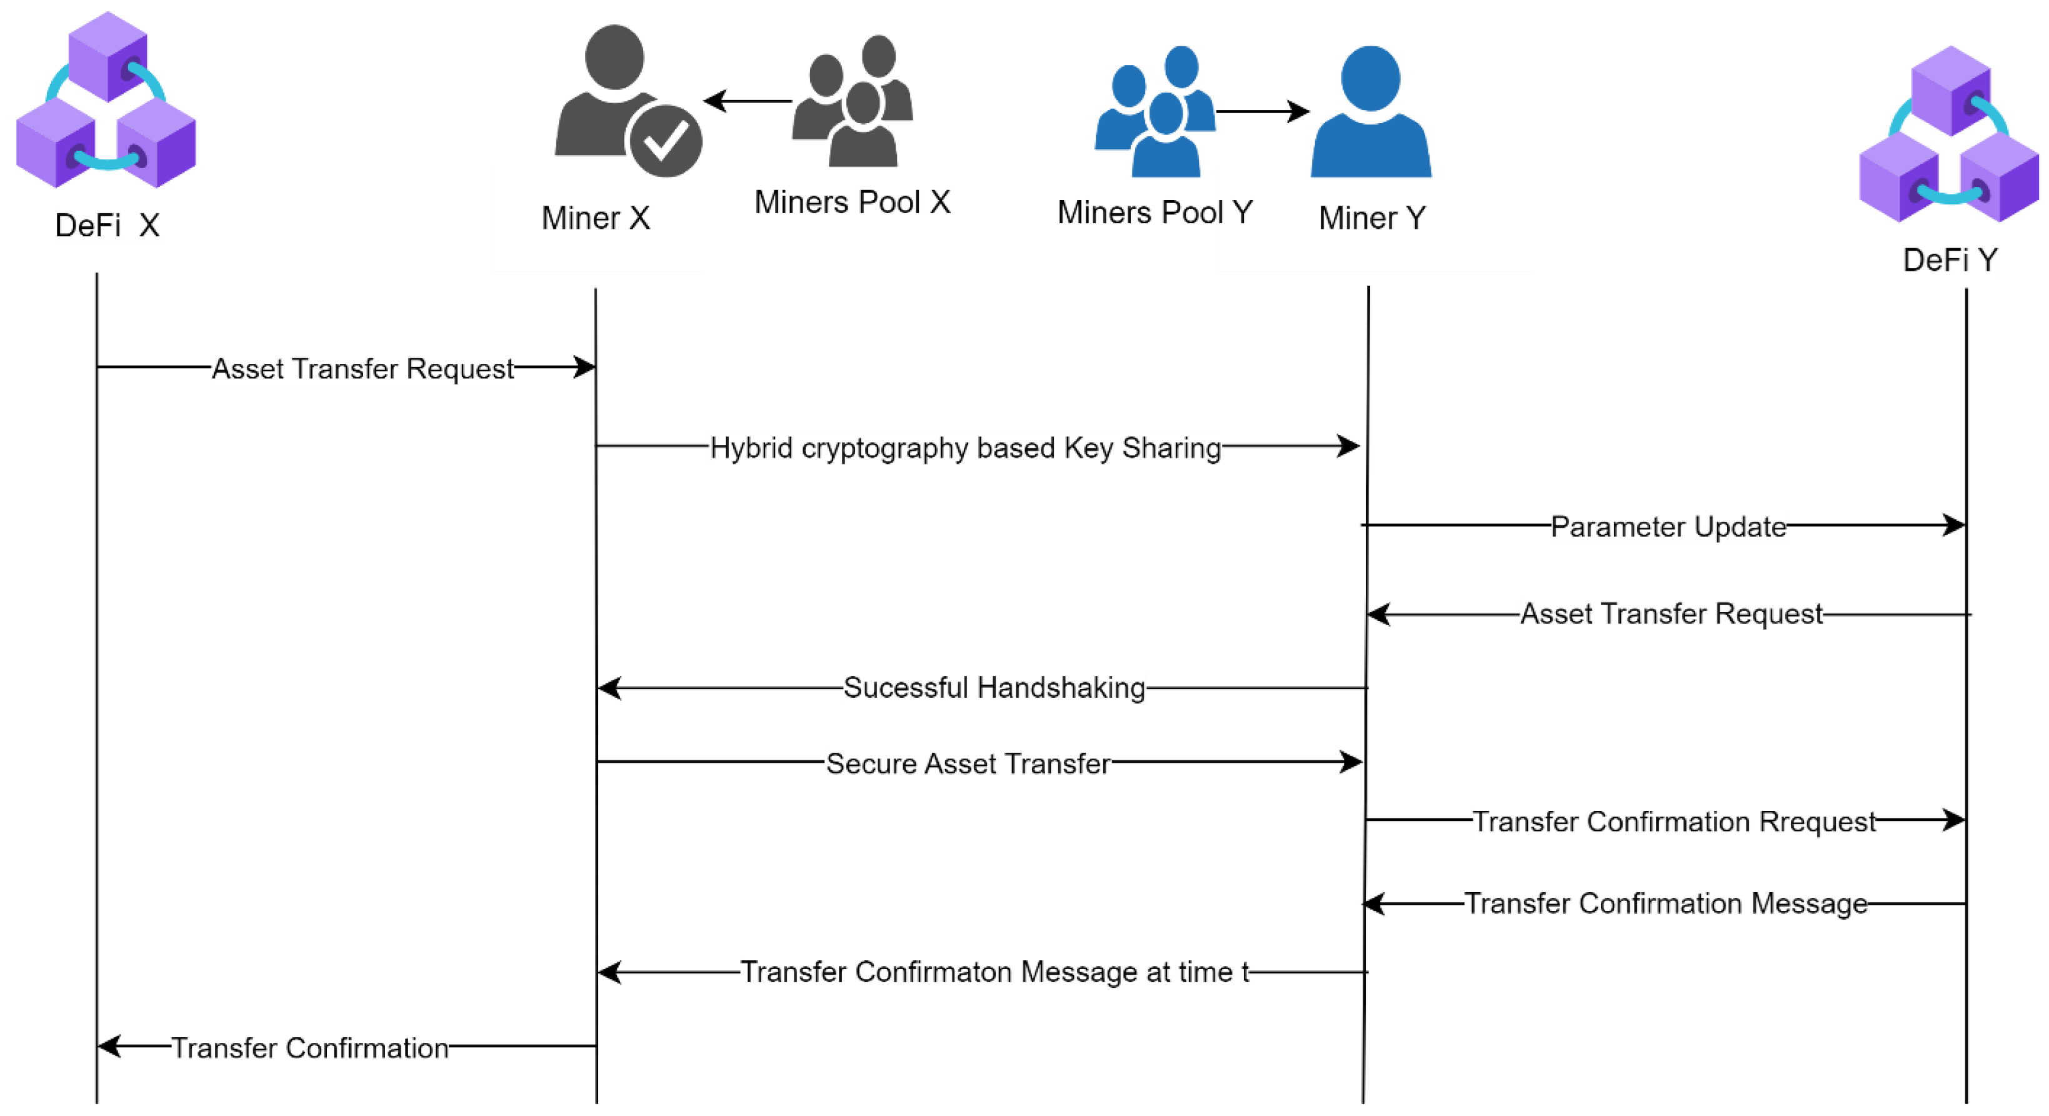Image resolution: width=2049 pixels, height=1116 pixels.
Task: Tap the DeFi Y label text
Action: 1950,260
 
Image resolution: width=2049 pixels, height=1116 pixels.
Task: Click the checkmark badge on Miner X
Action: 665,141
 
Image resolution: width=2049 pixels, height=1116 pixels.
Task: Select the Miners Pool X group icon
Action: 853,102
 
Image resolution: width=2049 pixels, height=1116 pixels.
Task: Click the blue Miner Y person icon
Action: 1371,113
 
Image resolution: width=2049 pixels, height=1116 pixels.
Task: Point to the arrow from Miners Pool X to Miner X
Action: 748,101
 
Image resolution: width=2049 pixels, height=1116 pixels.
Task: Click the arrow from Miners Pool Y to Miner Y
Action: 1263,111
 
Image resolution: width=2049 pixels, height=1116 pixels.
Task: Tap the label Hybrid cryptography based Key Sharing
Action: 965,448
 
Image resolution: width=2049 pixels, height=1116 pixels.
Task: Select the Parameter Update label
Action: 1668,526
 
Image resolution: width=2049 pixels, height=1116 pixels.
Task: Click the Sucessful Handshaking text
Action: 993,687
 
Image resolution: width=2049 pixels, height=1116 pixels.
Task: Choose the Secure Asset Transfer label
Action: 967,763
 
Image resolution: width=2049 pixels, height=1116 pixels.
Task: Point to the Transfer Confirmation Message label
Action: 1666,903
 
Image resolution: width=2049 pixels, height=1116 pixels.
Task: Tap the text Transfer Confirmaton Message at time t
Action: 994,972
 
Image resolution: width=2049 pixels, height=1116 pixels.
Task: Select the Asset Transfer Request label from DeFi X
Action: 363,369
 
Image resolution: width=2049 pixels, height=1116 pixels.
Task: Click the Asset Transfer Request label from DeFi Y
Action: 1671,614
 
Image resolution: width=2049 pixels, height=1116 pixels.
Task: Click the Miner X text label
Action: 596,218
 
